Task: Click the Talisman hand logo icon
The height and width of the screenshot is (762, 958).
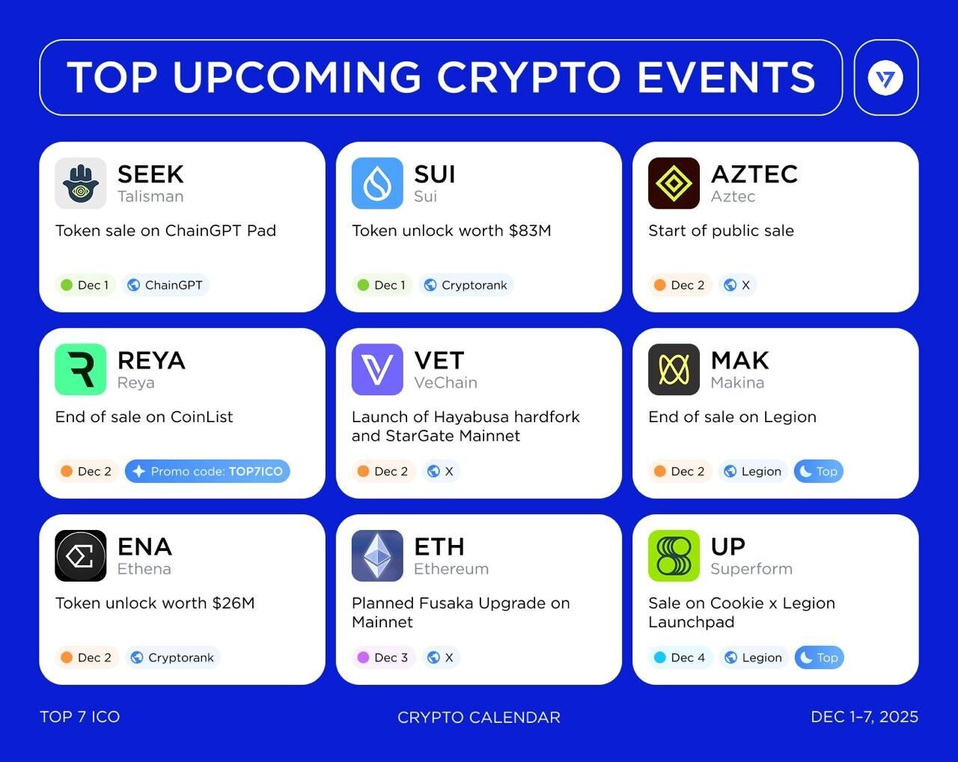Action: pyautogui.click(x=81, y=183)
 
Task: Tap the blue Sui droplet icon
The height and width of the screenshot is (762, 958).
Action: pyautogui.click(x=377, y=183)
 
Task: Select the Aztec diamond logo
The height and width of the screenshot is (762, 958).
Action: pyautogui.click(x=674, y=183)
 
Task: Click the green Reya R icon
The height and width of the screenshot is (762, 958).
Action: pyautogui.click(x=81, y=369)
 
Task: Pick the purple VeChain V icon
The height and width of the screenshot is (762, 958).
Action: pyautogui.click(x=377, y=369)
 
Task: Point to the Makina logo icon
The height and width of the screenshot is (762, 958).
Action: pyautogui.click(x=674, y=369)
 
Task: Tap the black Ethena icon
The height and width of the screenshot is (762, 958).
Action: pyautogui.click(x=81, y=555)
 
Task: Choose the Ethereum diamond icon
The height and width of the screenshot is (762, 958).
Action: pyautogui.click(x=377, y=555)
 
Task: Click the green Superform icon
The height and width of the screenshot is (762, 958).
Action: pyautogui.click(x=674, y=555)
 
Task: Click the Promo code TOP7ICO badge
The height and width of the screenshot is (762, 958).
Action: pyautogui.click(x=207, y=471)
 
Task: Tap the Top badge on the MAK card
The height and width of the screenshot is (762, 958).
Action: pyautogui.click(x=819, y=471)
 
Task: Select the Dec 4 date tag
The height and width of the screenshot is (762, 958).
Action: pyautogui.click(x=680, y=657)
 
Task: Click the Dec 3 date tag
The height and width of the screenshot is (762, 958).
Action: pyautogui.click(x=383, y=657)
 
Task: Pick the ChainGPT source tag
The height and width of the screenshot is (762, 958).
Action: pyautogui.click(x=165, y=285)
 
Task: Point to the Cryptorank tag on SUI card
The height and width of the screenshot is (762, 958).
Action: pyautogui.click(x=466, y=285)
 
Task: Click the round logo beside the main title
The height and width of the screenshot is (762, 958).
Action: pyautogui.click(x=885, y=78)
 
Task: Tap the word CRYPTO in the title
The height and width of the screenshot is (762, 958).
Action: pyautogui.click(x=529, y=78)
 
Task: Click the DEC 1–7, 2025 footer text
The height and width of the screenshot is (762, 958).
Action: pyautogui.click(x=864, y=717)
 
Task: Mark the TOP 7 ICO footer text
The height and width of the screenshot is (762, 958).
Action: pyautogui.click(x=79, y=717)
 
